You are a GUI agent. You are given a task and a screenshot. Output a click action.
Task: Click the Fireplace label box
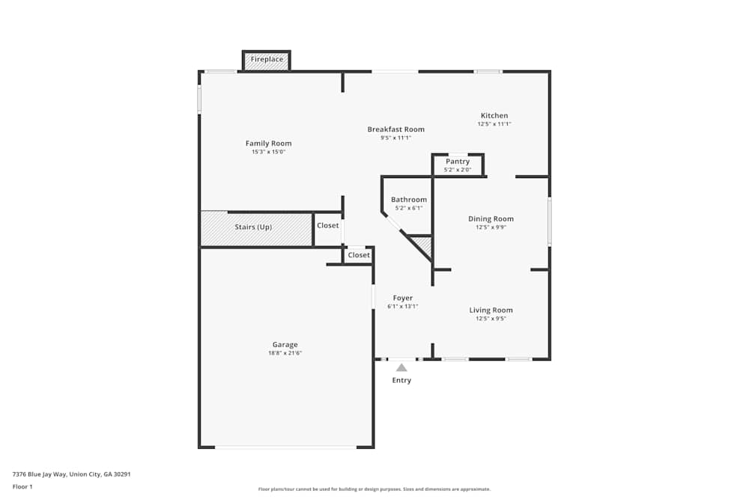coord(267,60)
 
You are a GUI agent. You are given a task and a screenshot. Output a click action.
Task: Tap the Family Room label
coord(268,144)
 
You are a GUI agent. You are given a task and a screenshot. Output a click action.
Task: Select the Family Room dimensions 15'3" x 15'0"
coord(268,152)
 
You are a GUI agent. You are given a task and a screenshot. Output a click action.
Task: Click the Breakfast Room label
coord(395,129)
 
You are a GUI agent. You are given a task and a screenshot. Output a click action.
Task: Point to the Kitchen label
coord(494,116)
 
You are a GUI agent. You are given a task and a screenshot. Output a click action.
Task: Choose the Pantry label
coord(458,162)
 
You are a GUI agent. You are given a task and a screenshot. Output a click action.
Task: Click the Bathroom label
coord(409,200)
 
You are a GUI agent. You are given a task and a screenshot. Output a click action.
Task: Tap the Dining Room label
coord(491,219)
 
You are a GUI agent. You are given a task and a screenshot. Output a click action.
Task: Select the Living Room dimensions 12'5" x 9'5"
coord(491,319)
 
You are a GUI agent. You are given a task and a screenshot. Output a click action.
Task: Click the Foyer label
coord(402,299)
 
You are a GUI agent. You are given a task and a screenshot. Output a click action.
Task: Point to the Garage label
coord(285,345)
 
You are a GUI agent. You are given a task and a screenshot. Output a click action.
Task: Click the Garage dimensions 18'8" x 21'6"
coord(285,353)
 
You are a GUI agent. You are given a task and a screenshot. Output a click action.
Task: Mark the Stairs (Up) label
coord(253,227)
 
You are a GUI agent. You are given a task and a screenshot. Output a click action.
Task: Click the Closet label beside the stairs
coord(327,226)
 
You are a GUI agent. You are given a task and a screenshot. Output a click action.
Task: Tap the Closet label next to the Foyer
coord(359,255)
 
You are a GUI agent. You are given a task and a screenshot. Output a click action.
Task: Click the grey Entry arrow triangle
coord(401,367)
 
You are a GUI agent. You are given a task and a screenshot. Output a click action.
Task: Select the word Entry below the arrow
coord(401,381)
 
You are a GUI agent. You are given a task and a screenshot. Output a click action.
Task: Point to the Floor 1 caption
coord(22,486)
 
